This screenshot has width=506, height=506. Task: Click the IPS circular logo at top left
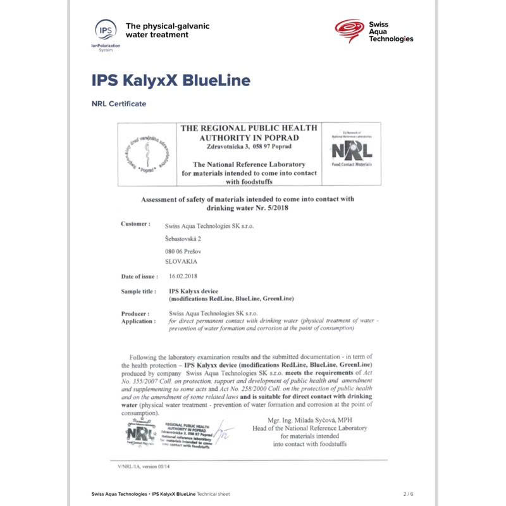tap(106, 30)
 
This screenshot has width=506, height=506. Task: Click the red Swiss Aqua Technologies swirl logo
tap(348, 30)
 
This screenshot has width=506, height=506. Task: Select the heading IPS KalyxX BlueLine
tap(171, 81)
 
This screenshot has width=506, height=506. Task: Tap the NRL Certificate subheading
tap(119, 104)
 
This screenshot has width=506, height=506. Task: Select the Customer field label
tap(135, 224)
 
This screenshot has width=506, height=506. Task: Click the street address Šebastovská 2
tap(183, 238)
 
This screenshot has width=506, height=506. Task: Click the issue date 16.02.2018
tap(184, 276)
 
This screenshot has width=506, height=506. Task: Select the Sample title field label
tap(138, 292)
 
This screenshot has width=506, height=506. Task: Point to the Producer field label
tap(135, 313)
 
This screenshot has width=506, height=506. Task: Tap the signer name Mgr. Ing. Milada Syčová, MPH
tap(310, 420)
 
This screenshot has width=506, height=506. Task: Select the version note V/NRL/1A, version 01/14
tap(144, 467)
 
